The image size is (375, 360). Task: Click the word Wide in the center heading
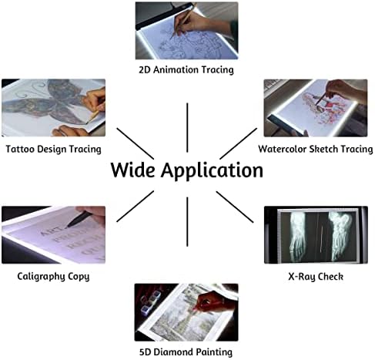[x=132, y=170]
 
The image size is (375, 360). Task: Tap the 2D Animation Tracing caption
[x=186, y=70]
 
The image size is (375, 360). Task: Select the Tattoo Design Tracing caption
[x=53, y=150]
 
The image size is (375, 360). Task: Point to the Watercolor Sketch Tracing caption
[x=316, y=149]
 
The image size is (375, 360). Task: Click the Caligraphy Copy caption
[x=53, y=277]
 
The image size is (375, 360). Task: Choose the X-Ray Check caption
[x=316, y=277]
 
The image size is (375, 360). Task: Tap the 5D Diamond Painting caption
[x=186, y=352]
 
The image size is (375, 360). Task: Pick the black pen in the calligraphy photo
[x=79, y=219]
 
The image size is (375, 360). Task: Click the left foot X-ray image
[x=298, y=236]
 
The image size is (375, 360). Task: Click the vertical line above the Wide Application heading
[x=187, y=128]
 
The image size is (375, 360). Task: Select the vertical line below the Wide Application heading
[x=187, y=222]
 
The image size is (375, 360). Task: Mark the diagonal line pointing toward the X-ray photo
[x=235, y=207]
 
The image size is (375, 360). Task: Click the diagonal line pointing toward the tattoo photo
[x=136, y=143]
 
